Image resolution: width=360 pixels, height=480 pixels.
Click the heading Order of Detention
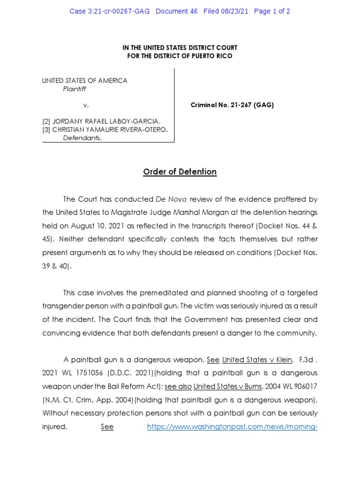point(180,172)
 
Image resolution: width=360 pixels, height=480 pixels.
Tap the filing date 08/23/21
point(235,11)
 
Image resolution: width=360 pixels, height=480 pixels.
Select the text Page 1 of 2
point(272,11)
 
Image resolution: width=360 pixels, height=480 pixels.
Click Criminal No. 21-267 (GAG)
point(232,105)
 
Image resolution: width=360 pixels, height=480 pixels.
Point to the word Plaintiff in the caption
point(75,89)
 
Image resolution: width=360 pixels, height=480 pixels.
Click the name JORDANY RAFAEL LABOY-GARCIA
point(105,121)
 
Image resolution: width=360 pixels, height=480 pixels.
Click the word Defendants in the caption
point(82,138)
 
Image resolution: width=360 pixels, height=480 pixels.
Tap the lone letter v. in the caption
point(86,105)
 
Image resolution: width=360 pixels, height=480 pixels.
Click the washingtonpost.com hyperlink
point(232,427)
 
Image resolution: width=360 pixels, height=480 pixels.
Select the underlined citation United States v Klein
point(257,360)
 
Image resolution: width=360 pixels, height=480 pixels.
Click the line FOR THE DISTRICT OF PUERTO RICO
point(180,56)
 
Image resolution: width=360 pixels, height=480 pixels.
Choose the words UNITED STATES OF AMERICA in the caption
point(85,81)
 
